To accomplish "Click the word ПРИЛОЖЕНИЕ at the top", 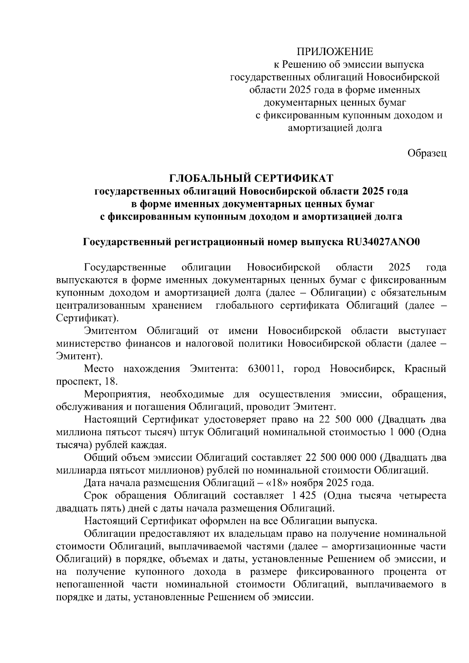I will pos(335,51).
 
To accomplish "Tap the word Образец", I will pos(427,153).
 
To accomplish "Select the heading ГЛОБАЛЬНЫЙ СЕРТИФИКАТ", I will pos(251,179).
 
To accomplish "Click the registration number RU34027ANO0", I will pos(383,242).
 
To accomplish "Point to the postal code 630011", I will pos(266,369).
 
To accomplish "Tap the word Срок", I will pos(97,496).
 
